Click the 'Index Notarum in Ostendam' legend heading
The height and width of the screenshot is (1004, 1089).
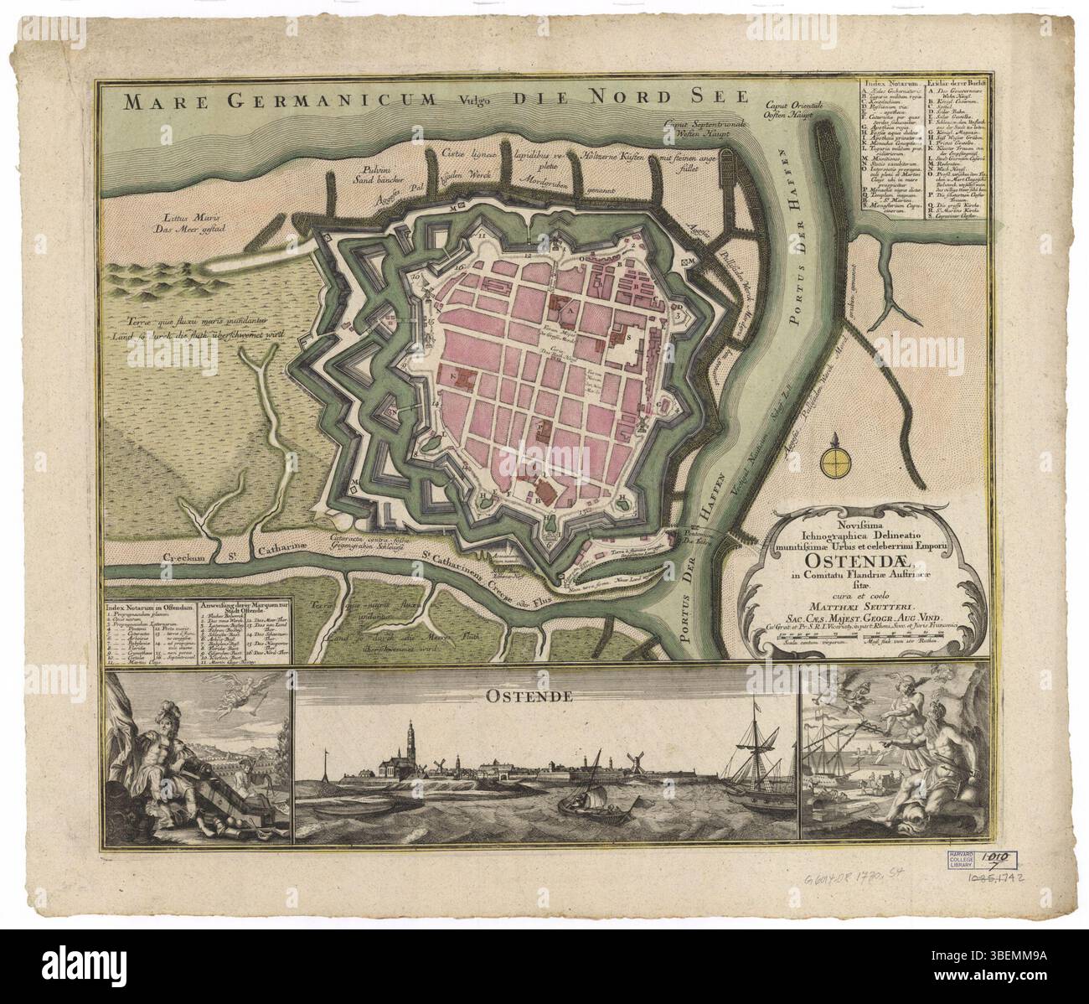[152, 605]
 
